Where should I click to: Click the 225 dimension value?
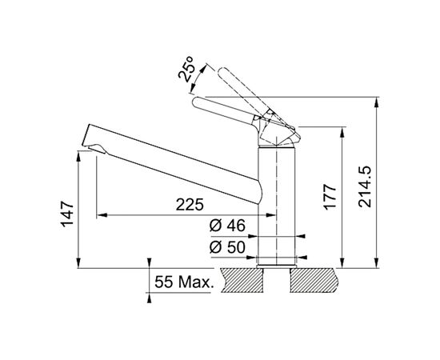coord(190,205)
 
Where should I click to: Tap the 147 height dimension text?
coord(67,214)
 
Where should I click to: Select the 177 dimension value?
coord(330,197)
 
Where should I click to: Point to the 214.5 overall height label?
coord(365,187)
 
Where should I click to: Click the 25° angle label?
coord(186,69)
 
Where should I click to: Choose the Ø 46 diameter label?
coord(227,226)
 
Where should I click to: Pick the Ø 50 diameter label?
coord(227,247)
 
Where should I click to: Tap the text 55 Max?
coord(184,282)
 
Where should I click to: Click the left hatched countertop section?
coord(242,280)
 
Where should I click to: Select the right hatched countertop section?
coord(314,280)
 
